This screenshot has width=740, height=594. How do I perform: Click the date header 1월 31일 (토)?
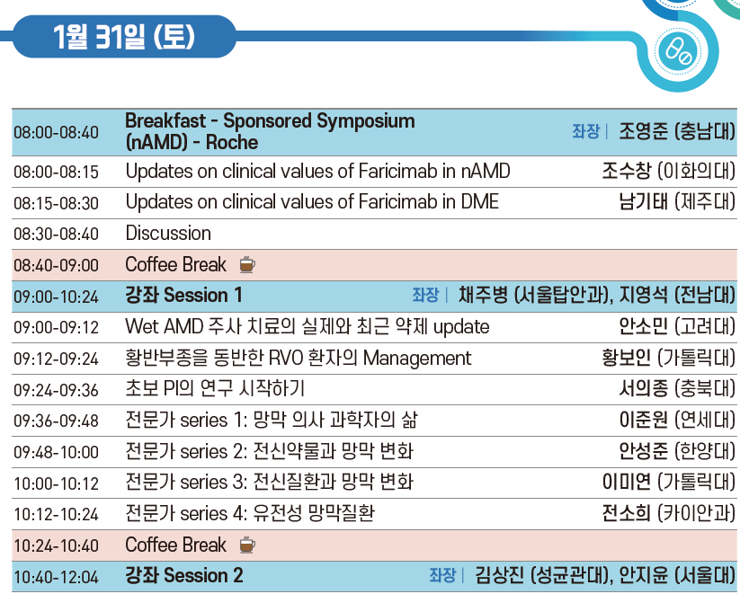pyautogui.click(x=124, y=36)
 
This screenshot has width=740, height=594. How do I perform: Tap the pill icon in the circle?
pyautogui.click(x=678, y=51)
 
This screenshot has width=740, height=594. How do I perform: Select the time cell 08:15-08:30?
pyautogui.click(x=56, y=203)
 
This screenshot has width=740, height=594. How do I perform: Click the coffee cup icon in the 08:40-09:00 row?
pyautogui.click(x=247, y=265)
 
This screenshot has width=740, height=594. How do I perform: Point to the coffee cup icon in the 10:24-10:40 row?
pyautogui.click(x=247, y=545)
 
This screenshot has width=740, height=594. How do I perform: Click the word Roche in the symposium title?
pyautogui.click(x=232, y=142)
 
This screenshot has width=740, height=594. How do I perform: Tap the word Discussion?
pyautogui.click(x=168, y=233)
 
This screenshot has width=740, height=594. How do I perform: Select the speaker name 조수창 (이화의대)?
pyautogui.click(x=668, y=171)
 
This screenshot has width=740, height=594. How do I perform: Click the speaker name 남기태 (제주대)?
pyautogui.click(x=677, y=201)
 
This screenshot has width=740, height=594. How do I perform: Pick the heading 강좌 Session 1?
pyautogui.click(x=183, y=296)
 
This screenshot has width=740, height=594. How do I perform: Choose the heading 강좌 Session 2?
pyautogui.click(x=184, y=576)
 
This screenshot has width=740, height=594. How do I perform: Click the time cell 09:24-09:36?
pyautogui.click(x=56, y=390)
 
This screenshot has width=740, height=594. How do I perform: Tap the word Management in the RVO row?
pyautogui.click(x=417, y=359)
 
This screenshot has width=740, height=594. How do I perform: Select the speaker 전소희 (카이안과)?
pyautogui.click(x=668, y=513)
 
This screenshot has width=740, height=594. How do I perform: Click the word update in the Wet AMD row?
pyautogui.click(x=461, y=327)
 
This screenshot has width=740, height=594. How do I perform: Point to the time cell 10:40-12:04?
pyautogui.click(x=56, y=577)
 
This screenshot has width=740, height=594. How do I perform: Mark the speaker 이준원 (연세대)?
pyautogui.click(x=677, y=420)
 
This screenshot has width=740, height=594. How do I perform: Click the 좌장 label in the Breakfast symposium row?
pyautogui.click(x=585, y=131)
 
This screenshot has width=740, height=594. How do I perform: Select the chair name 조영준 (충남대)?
pyautogui.click(x=677, y=131)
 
